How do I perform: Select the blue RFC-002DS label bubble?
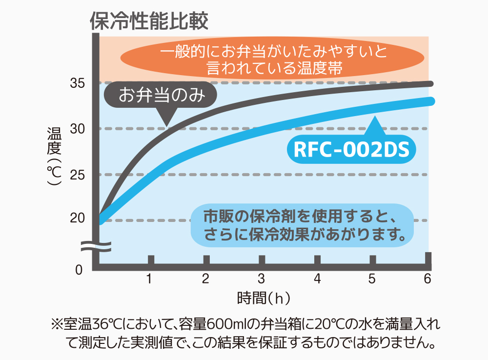pos(351,149)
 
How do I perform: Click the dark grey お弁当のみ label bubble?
pos(161,95)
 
